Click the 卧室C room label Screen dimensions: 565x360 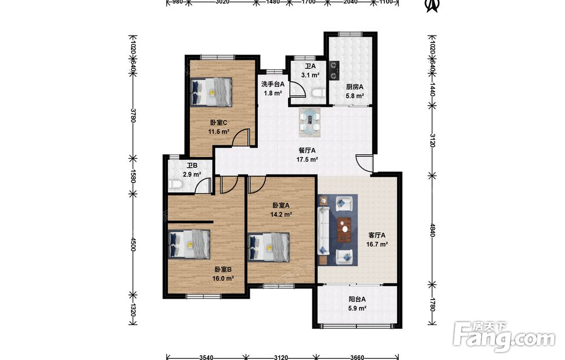coord(218,123)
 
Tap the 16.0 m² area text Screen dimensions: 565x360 coord(223,278)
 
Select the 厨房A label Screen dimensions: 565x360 coord(355,87)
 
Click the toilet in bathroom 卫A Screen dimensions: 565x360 coord(318,93)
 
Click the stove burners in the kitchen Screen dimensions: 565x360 coord(334,70)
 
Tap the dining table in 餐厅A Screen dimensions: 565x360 coord(310,122)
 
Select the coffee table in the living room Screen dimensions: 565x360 coord(345,229)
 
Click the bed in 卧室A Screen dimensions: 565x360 coord(269,247)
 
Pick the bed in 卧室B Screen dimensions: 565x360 coord(189,244)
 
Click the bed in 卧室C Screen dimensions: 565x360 coord(211,92)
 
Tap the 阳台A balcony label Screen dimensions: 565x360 coord(357,299)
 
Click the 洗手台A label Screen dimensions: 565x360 coord(273,84)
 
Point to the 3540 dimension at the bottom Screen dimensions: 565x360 coord(206,357)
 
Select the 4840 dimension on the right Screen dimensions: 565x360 coord(432,229)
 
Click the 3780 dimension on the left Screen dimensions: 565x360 coord(133,115)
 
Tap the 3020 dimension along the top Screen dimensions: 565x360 coord(222,2)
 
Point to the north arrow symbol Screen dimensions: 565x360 coord(432,6)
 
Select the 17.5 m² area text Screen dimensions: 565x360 coord(307,159)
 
